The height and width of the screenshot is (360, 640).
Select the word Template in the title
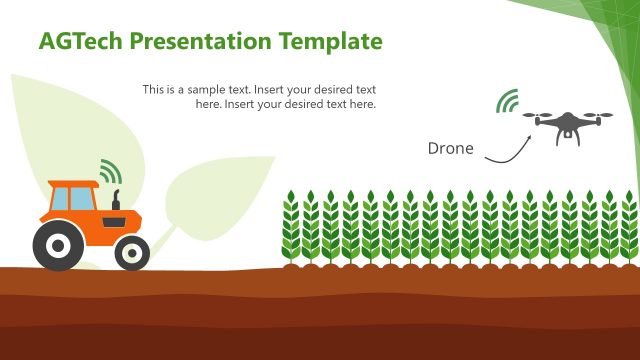click(x=330, y=41)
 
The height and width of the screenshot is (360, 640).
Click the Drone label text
click(x=450, y=148)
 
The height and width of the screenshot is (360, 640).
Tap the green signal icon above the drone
click(x=509, y=101)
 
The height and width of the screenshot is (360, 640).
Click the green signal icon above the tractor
click(x=109, y=170)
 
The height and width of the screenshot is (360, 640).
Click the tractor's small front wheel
click(x=131, y=252)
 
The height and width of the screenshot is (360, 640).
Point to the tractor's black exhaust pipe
click(x=116, y=198)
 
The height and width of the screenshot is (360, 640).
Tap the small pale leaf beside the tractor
click(x=215, y=200)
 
